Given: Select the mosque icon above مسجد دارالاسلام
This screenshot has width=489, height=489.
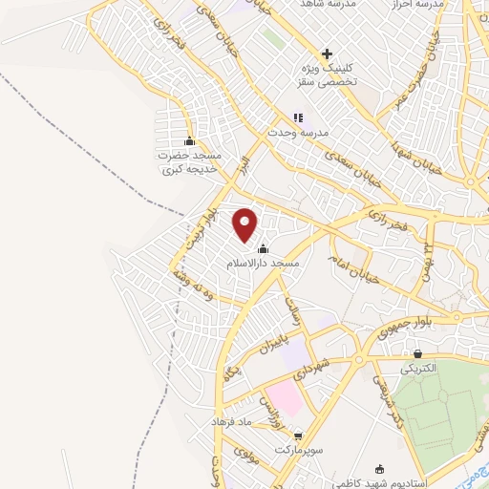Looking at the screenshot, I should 263,249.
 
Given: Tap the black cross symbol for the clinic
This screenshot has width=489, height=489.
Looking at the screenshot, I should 327,53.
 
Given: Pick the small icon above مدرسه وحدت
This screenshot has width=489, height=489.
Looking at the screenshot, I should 297,117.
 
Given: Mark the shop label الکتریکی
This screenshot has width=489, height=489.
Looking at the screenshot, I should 415,368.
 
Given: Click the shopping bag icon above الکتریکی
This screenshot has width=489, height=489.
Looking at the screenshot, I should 417,354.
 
